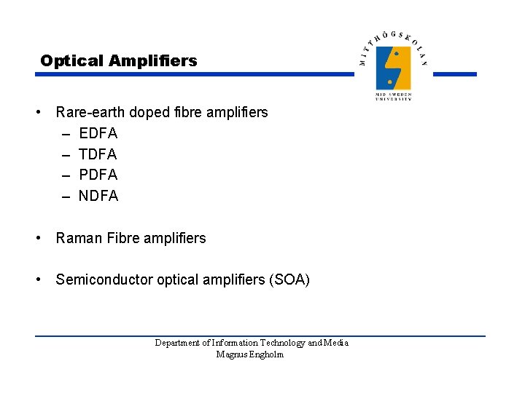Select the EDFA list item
98,133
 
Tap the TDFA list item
98,154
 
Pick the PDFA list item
98,175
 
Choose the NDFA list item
98,196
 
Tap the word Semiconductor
104,279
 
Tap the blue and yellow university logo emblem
393,68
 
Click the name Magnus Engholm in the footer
250,354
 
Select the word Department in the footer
178,343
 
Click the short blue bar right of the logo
459,74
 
